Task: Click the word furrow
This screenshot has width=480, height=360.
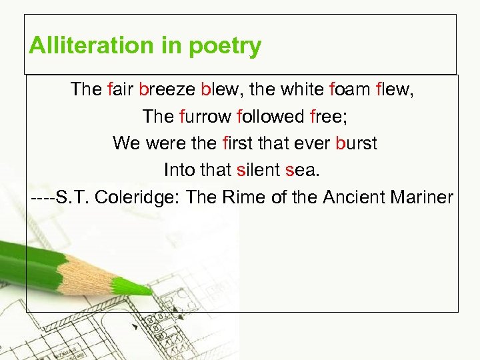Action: [205, 117]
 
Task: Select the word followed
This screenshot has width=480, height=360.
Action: [270, 117]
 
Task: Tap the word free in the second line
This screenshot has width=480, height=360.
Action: [329, 117]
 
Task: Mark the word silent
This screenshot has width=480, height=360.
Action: [258, 170]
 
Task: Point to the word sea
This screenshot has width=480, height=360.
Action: [302, 170]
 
